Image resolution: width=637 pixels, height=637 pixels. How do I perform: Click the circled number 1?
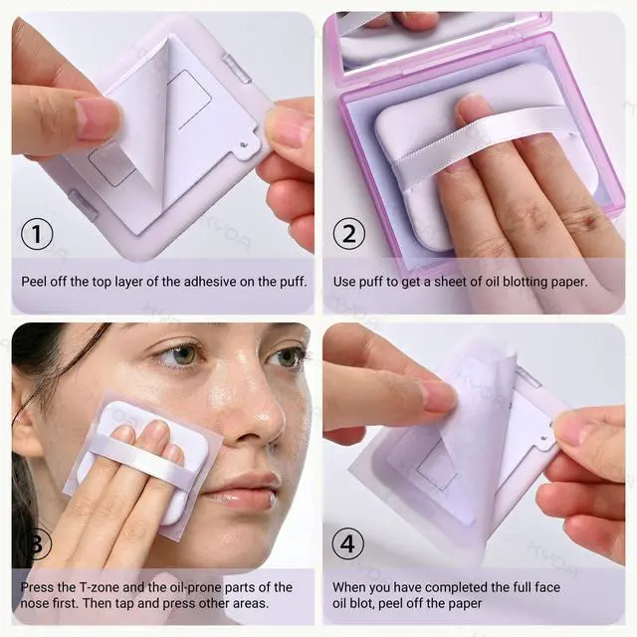click(37, 234)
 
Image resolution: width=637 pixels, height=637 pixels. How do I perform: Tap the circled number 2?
click(349, 234)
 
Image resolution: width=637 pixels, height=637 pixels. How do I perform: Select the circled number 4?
click(348, 543)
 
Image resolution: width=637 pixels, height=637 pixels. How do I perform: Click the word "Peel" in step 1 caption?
click(33, 282)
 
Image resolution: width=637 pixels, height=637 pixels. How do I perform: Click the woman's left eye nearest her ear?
click(181, 355)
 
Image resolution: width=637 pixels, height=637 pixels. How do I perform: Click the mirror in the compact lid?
click(427, 39)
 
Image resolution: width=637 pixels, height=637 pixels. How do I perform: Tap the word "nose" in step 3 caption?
click(35, 603)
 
